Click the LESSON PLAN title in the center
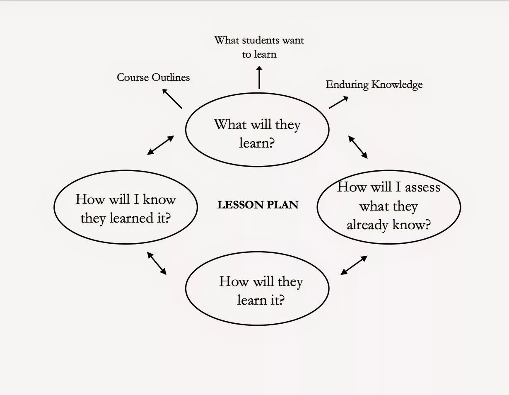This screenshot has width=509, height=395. tap(258, 204)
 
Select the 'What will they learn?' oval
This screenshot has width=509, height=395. tap(257, 130)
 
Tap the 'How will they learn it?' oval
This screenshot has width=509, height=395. tap(257, 289)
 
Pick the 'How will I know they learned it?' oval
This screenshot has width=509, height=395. tap(125, 207)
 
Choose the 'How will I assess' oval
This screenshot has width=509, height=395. tap(388, 207)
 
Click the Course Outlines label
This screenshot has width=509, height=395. tap(153, 78)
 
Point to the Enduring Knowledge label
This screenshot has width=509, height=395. tap(374, 85)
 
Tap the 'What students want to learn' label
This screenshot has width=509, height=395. tap(259, 47)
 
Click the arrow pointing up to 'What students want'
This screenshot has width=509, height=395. tap(259, 78)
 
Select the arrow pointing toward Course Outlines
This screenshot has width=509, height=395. tap(171, 98)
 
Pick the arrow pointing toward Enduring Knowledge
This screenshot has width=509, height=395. tap(338, 102)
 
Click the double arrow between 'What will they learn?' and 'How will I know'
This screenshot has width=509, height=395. tap(160, 145)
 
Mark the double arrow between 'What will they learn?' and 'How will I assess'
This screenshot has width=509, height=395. tap(358, 147)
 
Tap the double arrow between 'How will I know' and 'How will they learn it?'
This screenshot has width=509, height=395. tap(157, 263)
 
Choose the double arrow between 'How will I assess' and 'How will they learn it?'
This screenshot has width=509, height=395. tap(354, 265)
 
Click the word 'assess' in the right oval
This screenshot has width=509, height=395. tap(422, 187)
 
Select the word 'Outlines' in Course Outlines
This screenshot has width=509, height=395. tap(171, 78)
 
